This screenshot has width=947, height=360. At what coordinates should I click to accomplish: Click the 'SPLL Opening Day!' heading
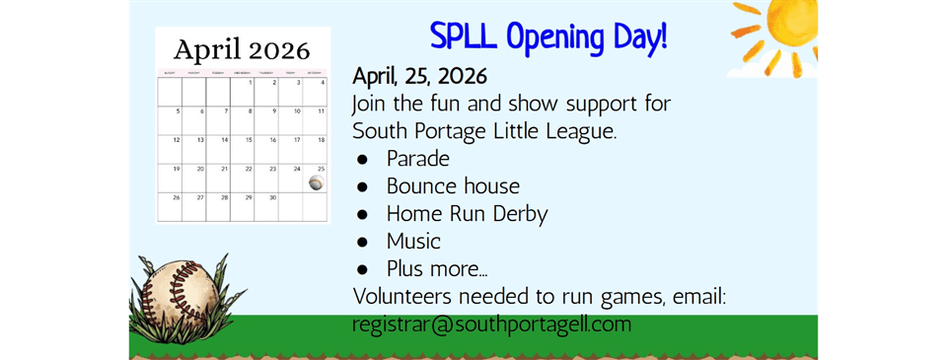point(549,36)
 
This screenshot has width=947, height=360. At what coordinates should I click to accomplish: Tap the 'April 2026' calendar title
point(243,48)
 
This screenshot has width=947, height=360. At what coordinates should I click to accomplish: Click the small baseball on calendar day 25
point(316,182)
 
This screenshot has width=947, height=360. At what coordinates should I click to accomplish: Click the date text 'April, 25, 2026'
point(419,77)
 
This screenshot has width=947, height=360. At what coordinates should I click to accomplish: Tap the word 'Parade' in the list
point(418,158)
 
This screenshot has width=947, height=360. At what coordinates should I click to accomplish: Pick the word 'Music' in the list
point(413,241)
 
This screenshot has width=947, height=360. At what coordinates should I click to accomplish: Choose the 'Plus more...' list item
point(437,268)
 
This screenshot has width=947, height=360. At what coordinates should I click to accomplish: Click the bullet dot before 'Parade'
point(363,159)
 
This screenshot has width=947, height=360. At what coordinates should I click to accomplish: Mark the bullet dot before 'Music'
point(363,242)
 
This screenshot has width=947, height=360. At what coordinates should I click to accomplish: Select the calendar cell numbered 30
point(266,206)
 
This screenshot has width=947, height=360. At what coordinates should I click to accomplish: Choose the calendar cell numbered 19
point(170,178)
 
